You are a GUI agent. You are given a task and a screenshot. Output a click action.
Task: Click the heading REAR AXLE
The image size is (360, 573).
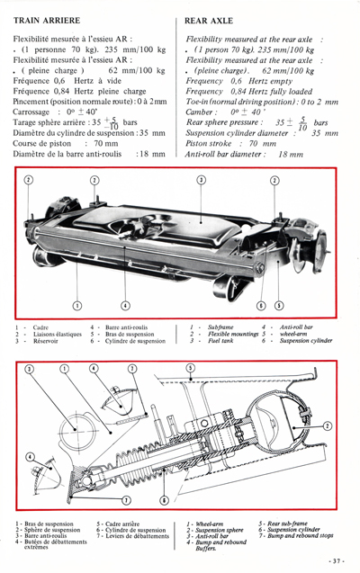pos(209,17)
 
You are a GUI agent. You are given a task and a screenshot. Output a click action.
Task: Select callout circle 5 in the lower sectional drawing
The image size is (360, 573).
pos(190,368)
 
